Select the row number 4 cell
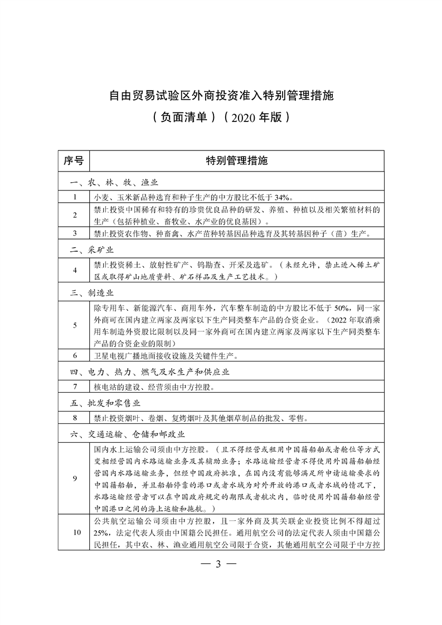pyautogui.click(x=74, y=270)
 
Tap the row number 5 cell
pyautogui.click(x=74, y=325)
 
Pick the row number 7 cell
pyautogui.click(x=74, y=386)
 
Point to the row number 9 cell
pyautogui.click(x=74, y=478)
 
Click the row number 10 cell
pyautogui.click(x=74, y=530)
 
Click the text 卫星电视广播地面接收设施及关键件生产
pyautogui.click(x=167, y=355)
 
